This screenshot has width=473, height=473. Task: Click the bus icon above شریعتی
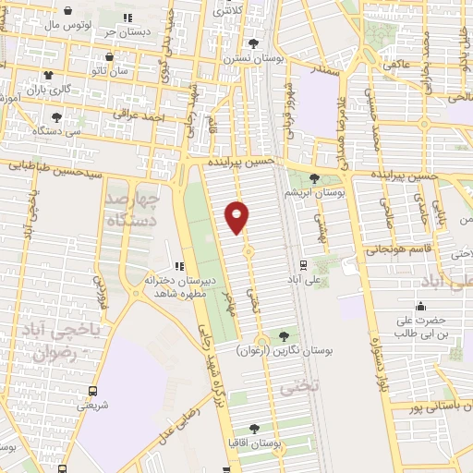pos(92,391)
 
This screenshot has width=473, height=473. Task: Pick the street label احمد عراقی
pos(139,115)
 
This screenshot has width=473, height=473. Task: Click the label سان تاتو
pos(112,70)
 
